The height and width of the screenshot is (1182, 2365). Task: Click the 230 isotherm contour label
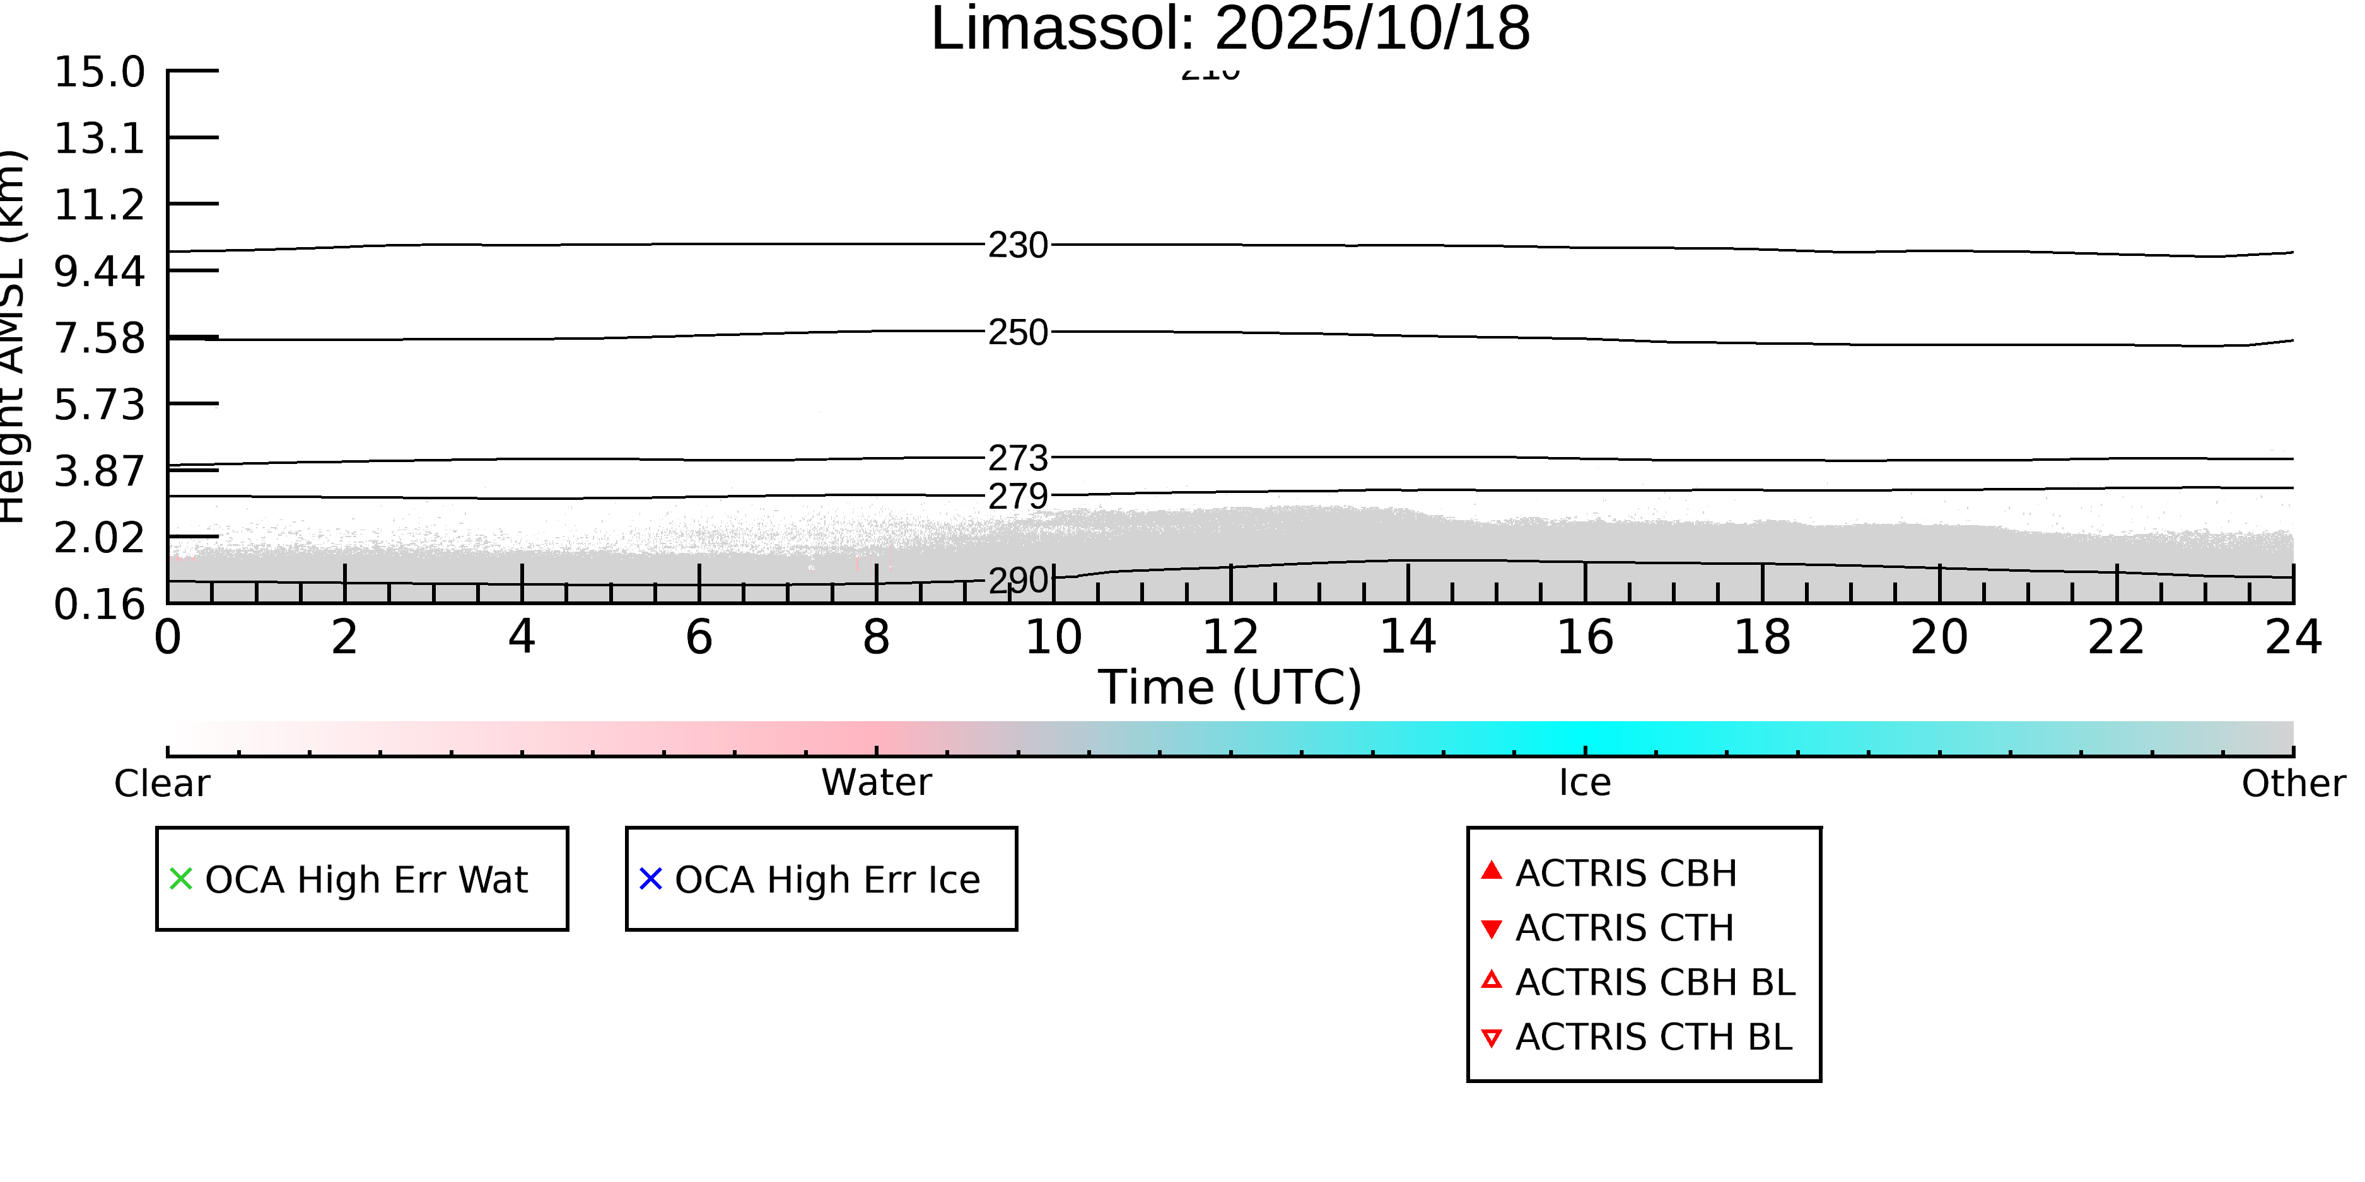[1017, 245]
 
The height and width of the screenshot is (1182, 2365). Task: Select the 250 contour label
[1017, 332]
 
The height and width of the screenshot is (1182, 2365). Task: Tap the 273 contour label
[1017, 457]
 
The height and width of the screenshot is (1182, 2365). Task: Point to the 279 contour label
[1017, 497]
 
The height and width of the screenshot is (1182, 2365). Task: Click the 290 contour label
[1017, 580]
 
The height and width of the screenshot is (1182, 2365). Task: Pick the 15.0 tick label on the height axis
[99, 72]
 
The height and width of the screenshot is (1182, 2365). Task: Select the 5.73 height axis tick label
[99, 405]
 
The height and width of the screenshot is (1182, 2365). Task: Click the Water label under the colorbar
[876, 783]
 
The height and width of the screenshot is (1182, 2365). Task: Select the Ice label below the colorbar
[1585, 783]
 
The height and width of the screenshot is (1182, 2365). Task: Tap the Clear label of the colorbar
[161, 784]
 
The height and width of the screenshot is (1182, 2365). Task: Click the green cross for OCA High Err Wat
[181, 879]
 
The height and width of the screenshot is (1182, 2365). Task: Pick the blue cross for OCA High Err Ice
[650, 879]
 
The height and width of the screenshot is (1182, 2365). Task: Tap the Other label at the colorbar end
[2292, 784]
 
